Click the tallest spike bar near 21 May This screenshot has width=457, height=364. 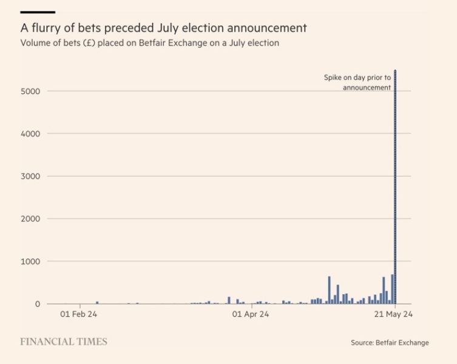pyautogui.click(x=395, y=188)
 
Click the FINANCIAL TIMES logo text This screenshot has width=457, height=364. pyautogui.click(x=64, y=342)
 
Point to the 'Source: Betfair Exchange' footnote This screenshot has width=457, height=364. pyautogui.click(x=390, y=343)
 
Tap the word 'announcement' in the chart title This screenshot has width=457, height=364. pyautogui.click(x=268, y=28)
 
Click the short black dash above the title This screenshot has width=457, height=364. pyautogui.click(x=38, y=12)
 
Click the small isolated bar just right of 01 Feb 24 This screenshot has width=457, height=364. pyautogui.click(x=97, y=302)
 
